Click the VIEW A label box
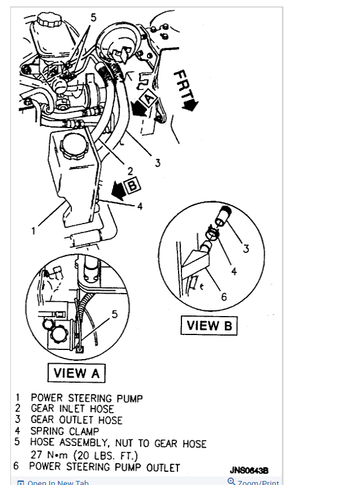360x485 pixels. pyautogui.click(x=76, y=372)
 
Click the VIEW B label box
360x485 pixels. pyautogui.click(x=209, y=326)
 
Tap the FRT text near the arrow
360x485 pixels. pyautogui.click(x=185, y=86)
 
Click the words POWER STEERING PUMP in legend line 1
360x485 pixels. pyautogui.click(x=87, y=398)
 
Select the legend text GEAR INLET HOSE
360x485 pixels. pyautogui.click(x=72, y=409)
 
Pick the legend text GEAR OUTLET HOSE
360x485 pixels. pyautogui.click(x=76, y=420)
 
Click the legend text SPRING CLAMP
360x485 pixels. pyautogui.click(x=65, y=431)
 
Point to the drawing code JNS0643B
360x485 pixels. pyautogui.click(x=249, y=469)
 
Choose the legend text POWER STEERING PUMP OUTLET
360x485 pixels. pyautogui.click(x=104, y=467)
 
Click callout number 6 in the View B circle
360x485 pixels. pyautogui.click(x=224, y=297)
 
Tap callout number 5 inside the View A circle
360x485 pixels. pyautogui.click(x=114, y=314)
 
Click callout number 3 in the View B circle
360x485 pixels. pyautogui.click(x=246, y=248)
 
